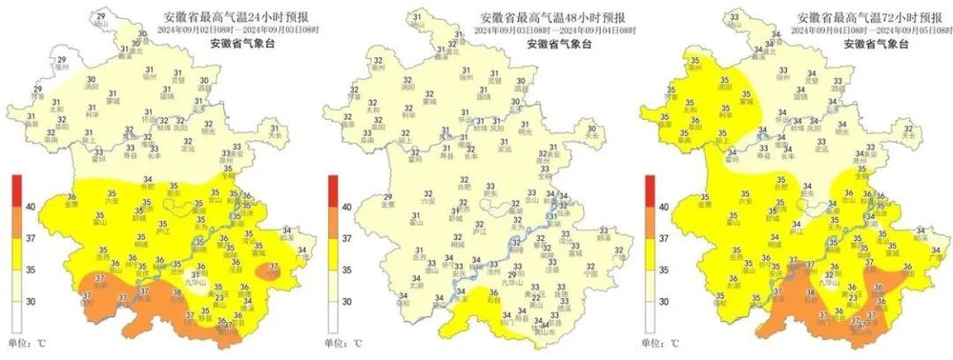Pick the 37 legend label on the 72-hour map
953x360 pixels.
pyautogui.click(x=666, y=238)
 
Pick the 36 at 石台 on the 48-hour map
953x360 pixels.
pyautogui.click(x=492, y=292)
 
